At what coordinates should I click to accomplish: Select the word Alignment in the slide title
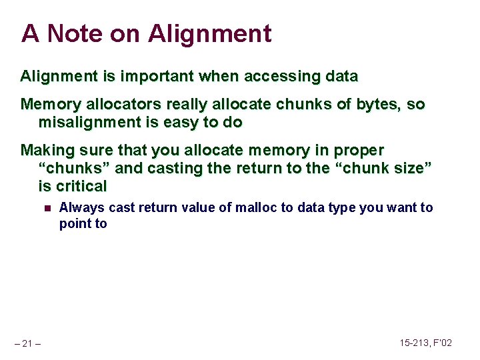coord(209,33)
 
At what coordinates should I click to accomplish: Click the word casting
coord(175,168)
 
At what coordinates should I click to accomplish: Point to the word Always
coord(82,207)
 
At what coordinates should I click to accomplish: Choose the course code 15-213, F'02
coord(425,343)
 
